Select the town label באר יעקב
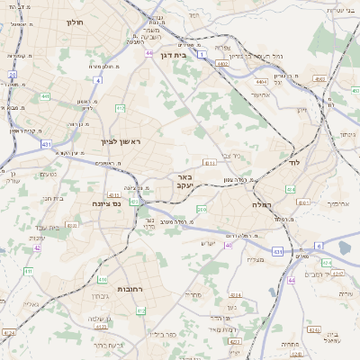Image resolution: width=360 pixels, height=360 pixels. (x=184, y=180)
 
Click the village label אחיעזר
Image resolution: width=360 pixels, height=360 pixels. (x=260, y=94)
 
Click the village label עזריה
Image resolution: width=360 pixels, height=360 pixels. (x=344, y=294)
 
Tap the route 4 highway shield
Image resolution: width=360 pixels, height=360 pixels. (x=97, y=79)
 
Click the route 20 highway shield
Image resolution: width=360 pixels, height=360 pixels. (x=13, y=75)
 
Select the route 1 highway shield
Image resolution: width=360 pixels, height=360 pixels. (x=202, y=56)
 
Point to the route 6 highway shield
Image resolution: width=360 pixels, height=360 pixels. (x=318, y=245)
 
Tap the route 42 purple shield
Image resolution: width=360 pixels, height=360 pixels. (x=38, y=247)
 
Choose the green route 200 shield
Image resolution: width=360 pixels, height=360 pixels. (x=202, y=209)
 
